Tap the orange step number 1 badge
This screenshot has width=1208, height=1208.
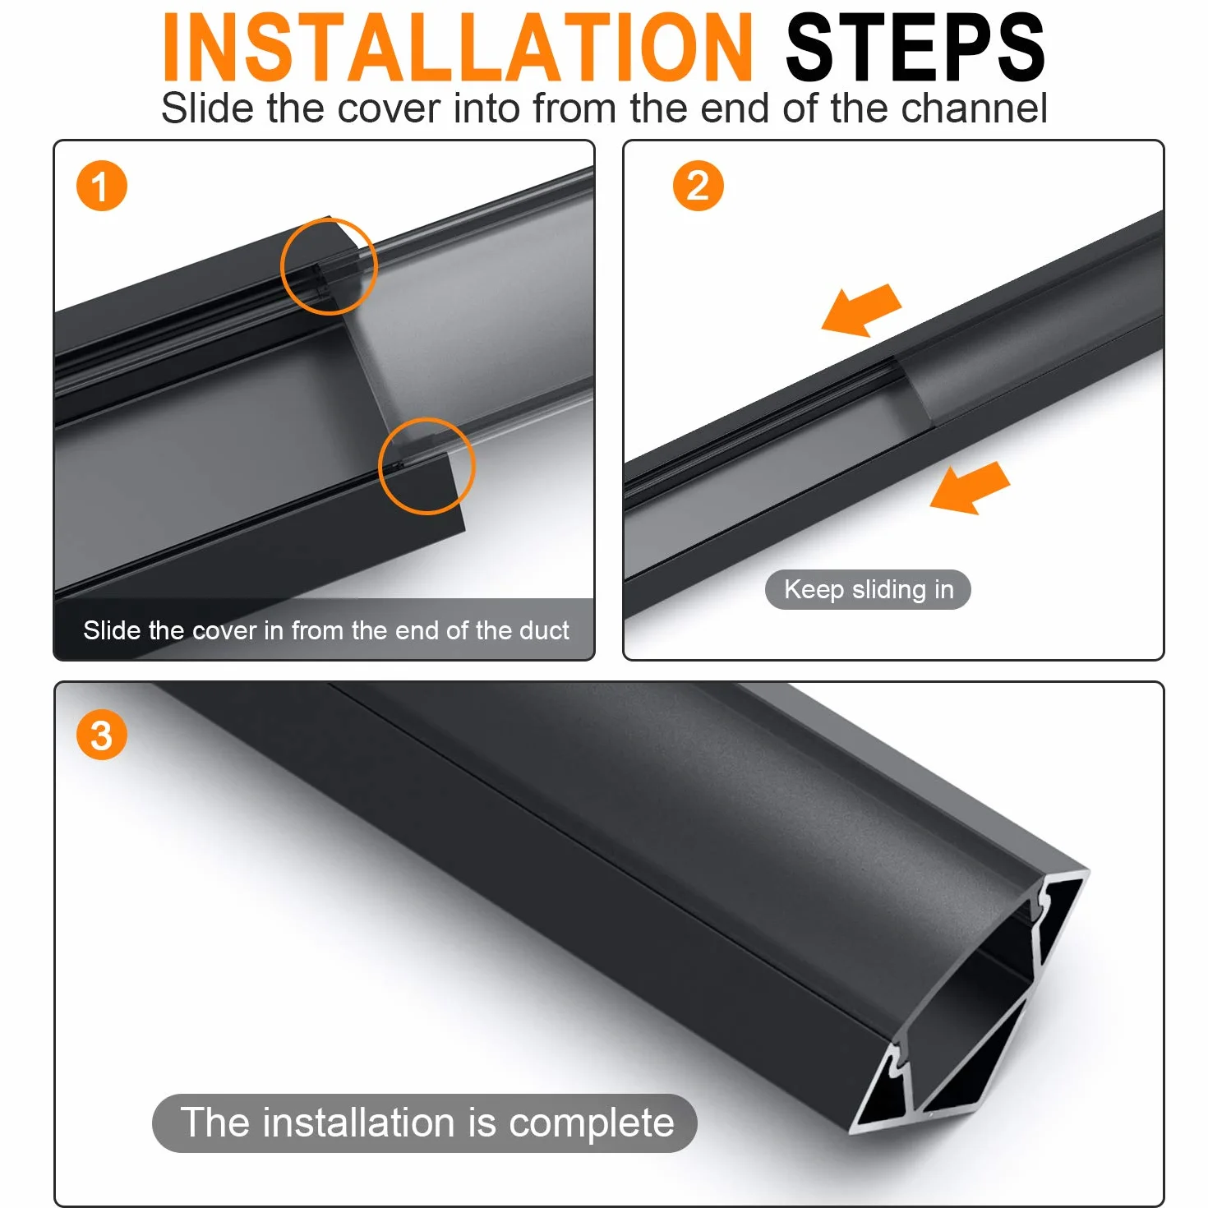coord(102,186)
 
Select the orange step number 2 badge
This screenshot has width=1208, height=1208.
coord(698,186)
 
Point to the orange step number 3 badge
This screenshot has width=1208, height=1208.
coord(102,735)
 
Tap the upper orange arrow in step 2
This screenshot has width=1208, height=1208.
coord(861,310)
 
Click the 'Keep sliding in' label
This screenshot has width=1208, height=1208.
coord(868,589)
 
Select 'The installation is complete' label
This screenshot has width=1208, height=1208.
coord(424,1123)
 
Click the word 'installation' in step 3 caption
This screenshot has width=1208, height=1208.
coord(358,1122)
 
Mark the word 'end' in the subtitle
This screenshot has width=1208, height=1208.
coord(735,108)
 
